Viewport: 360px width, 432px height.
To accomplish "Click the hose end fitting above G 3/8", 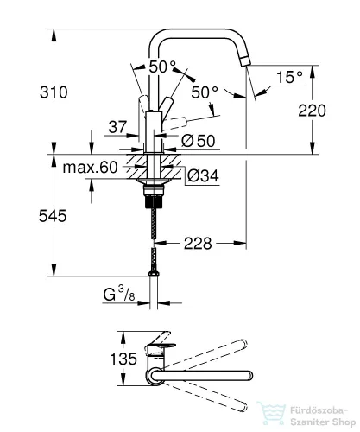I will pyautogui.click(x=155, y=272).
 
